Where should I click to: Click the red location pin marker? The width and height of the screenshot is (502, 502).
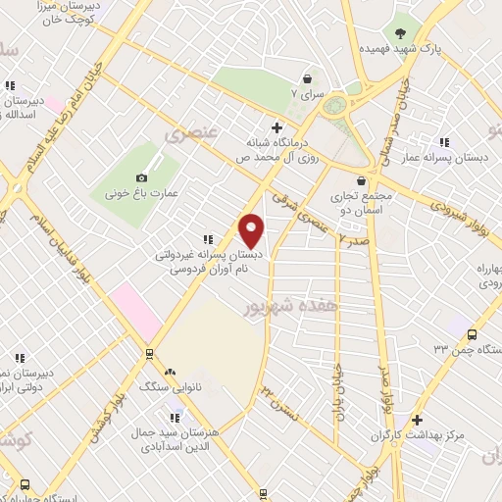click(x=252, y=230)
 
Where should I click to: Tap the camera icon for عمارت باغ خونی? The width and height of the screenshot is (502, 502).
click(x=142, y=177)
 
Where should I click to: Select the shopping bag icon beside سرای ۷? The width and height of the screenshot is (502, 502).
click(x=308, y=78)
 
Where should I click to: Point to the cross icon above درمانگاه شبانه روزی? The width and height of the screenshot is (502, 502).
click(x=277, y=126)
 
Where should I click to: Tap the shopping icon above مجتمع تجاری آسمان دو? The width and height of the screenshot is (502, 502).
click(x=363, y=180)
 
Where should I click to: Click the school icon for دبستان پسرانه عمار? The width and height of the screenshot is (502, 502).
click(x=445, y=141)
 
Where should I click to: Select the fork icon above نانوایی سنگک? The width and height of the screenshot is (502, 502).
click(x=171, y=372)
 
